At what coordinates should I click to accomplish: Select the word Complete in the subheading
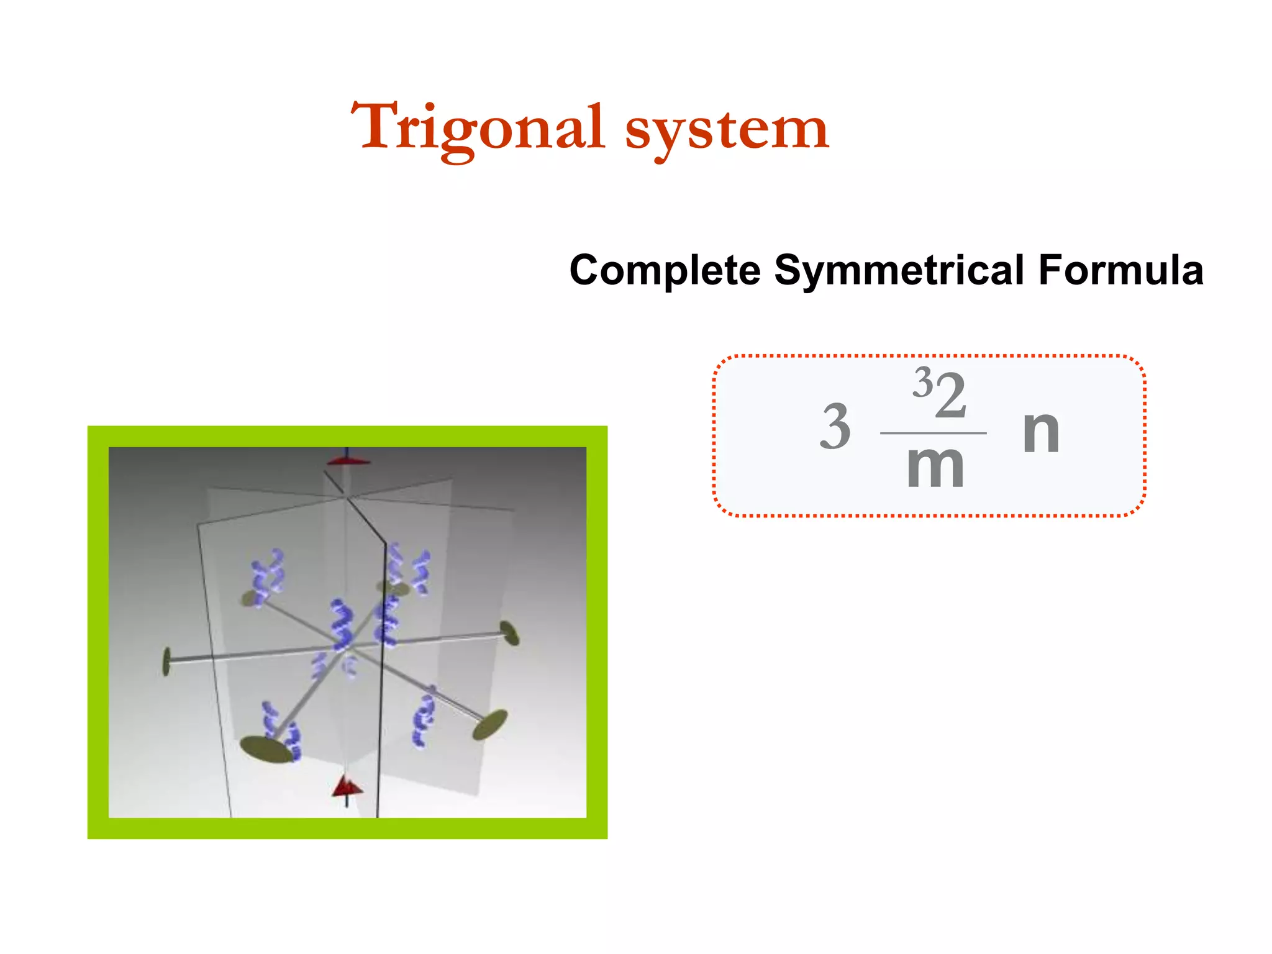(665, 270)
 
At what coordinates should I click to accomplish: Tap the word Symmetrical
(899, 270)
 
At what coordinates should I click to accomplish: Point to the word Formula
(1121, 270)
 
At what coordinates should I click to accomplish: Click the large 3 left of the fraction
(835, 427)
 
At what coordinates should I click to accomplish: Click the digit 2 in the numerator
(951, 396)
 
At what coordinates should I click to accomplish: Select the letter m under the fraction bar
(935, 467)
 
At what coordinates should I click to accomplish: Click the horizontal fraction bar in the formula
(933, 433)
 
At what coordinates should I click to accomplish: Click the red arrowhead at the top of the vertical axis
(348, 460)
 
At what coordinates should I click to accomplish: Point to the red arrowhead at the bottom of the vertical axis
(347, 787)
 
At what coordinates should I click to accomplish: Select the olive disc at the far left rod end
(166, 661)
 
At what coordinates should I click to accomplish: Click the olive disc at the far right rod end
(510, 633)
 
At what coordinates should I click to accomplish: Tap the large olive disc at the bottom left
(266, 749)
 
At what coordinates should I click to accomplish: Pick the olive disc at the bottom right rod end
(489, 725)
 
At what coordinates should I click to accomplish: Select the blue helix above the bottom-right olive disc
(424, 719)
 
